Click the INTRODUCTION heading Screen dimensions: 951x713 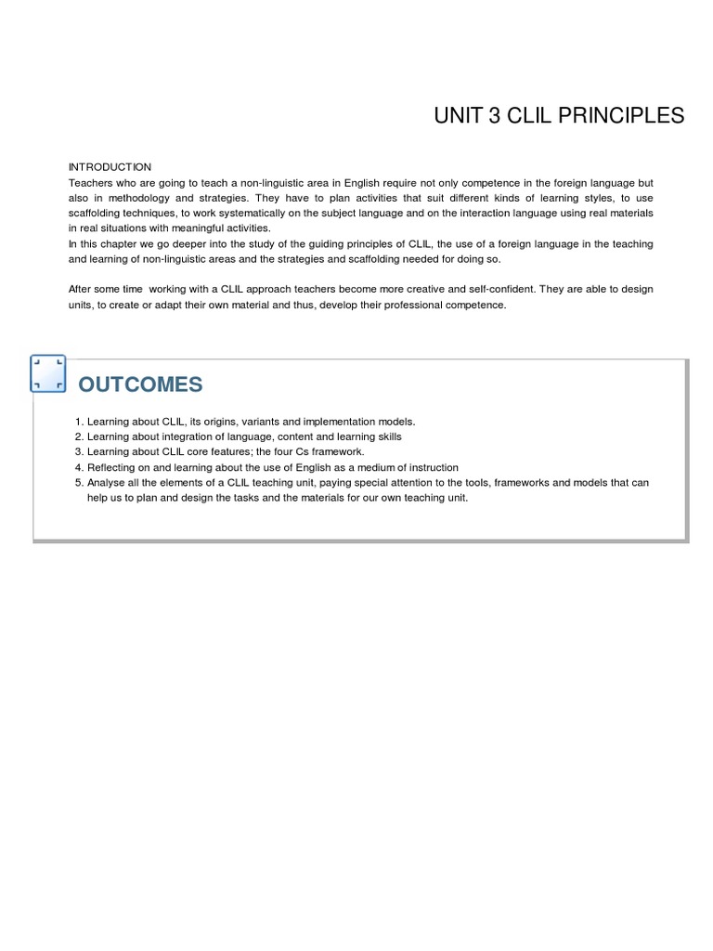pyautogui.click(x=110, y=167)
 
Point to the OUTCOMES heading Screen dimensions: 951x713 pyautogui.click(x=140, y=384)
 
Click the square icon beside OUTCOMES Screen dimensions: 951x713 pyautogui.click(x=48, y=372)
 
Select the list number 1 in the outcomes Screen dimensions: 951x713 pyautogui.click(x=78, y=422)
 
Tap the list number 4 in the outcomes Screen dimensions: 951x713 pyautogui.click(x=78, y=467)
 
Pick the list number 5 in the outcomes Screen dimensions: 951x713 pyautogui.click(x=78, y=483)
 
